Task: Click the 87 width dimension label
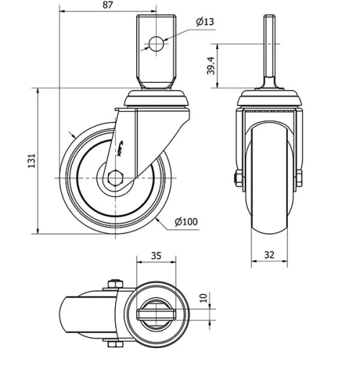[x=107, y=6]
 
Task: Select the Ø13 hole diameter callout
[x=204, y=22]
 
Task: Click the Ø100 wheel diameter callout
[x=186, y=221]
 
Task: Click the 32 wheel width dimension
[x=269, y=254]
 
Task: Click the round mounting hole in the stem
[x=155, y=43]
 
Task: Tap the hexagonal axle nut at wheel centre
[x=115, y=177]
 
